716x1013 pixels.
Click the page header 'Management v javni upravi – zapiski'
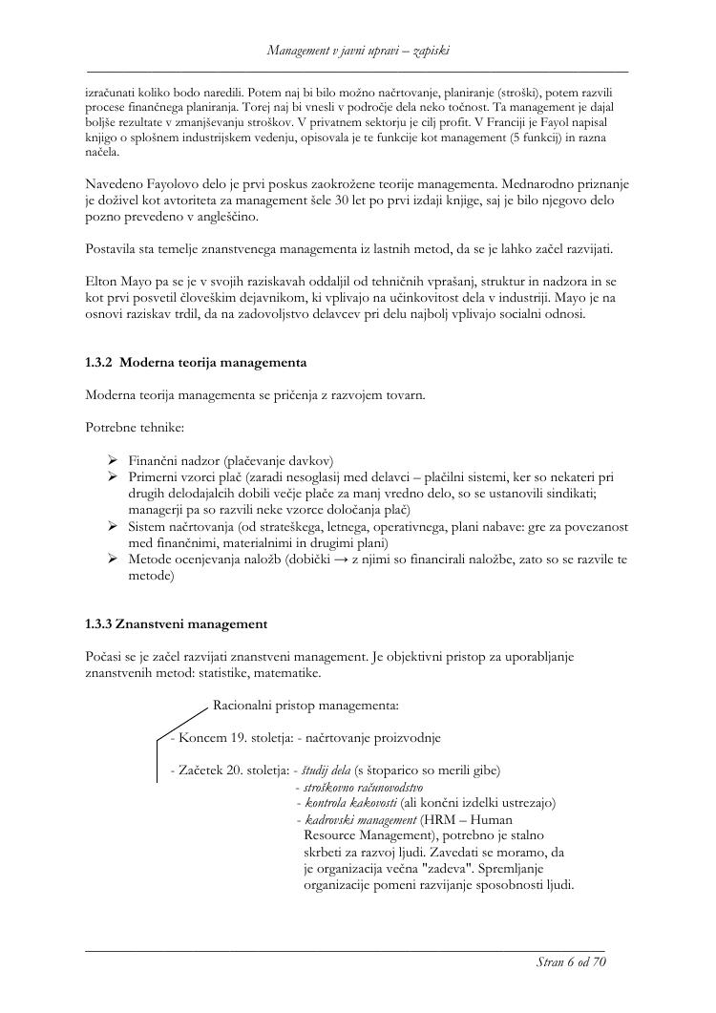(x=358, y=49)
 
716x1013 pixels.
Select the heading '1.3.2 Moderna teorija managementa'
(x=196, y=363)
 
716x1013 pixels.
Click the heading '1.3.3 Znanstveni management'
(x=176, y=624)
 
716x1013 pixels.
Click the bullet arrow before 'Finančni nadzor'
(x=113, y=460)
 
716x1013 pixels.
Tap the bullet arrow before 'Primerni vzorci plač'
(x=113, y=475)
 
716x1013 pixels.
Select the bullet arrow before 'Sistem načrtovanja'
(x=113, y=526)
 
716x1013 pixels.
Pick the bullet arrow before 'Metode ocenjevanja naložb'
(x=113, y=559)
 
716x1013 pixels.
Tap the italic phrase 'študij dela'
(x=326, y=770)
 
